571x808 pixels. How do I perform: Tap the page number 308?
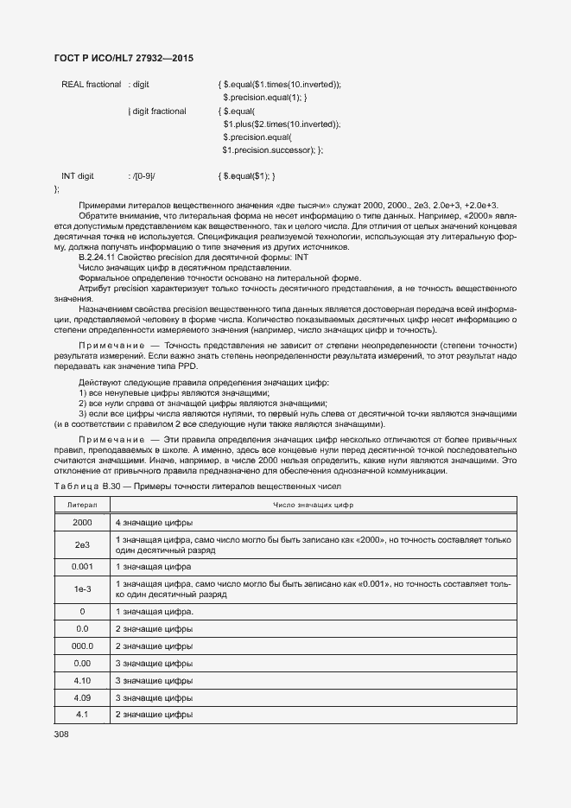coord(61,734)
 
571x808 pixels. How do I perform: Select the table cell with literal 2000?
coord(82,524)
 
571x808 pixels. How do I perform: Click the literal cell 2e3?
coord(82,545)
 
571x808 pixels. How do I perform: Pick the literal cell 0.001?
coord(82,567)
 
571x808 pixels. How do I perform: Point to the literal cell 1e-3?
coord(82,589)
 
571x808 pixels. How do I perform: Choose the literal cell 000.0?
coord(82,646)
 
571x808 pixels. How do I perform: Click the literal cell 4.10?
coord(82,680)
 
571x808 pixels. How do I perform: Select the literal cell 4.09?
coord(82,697)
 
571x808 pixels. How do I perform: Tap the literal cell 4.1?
coord(82,715)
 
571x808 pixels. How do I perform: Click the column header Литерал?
coord(82,505)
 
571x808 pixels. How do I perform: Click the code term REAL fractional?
coord(91,85)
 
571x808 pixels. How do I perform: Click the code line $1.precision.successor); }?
coord(272,150)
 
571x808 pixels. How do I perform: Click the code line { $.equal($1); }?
coord(248,175)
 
